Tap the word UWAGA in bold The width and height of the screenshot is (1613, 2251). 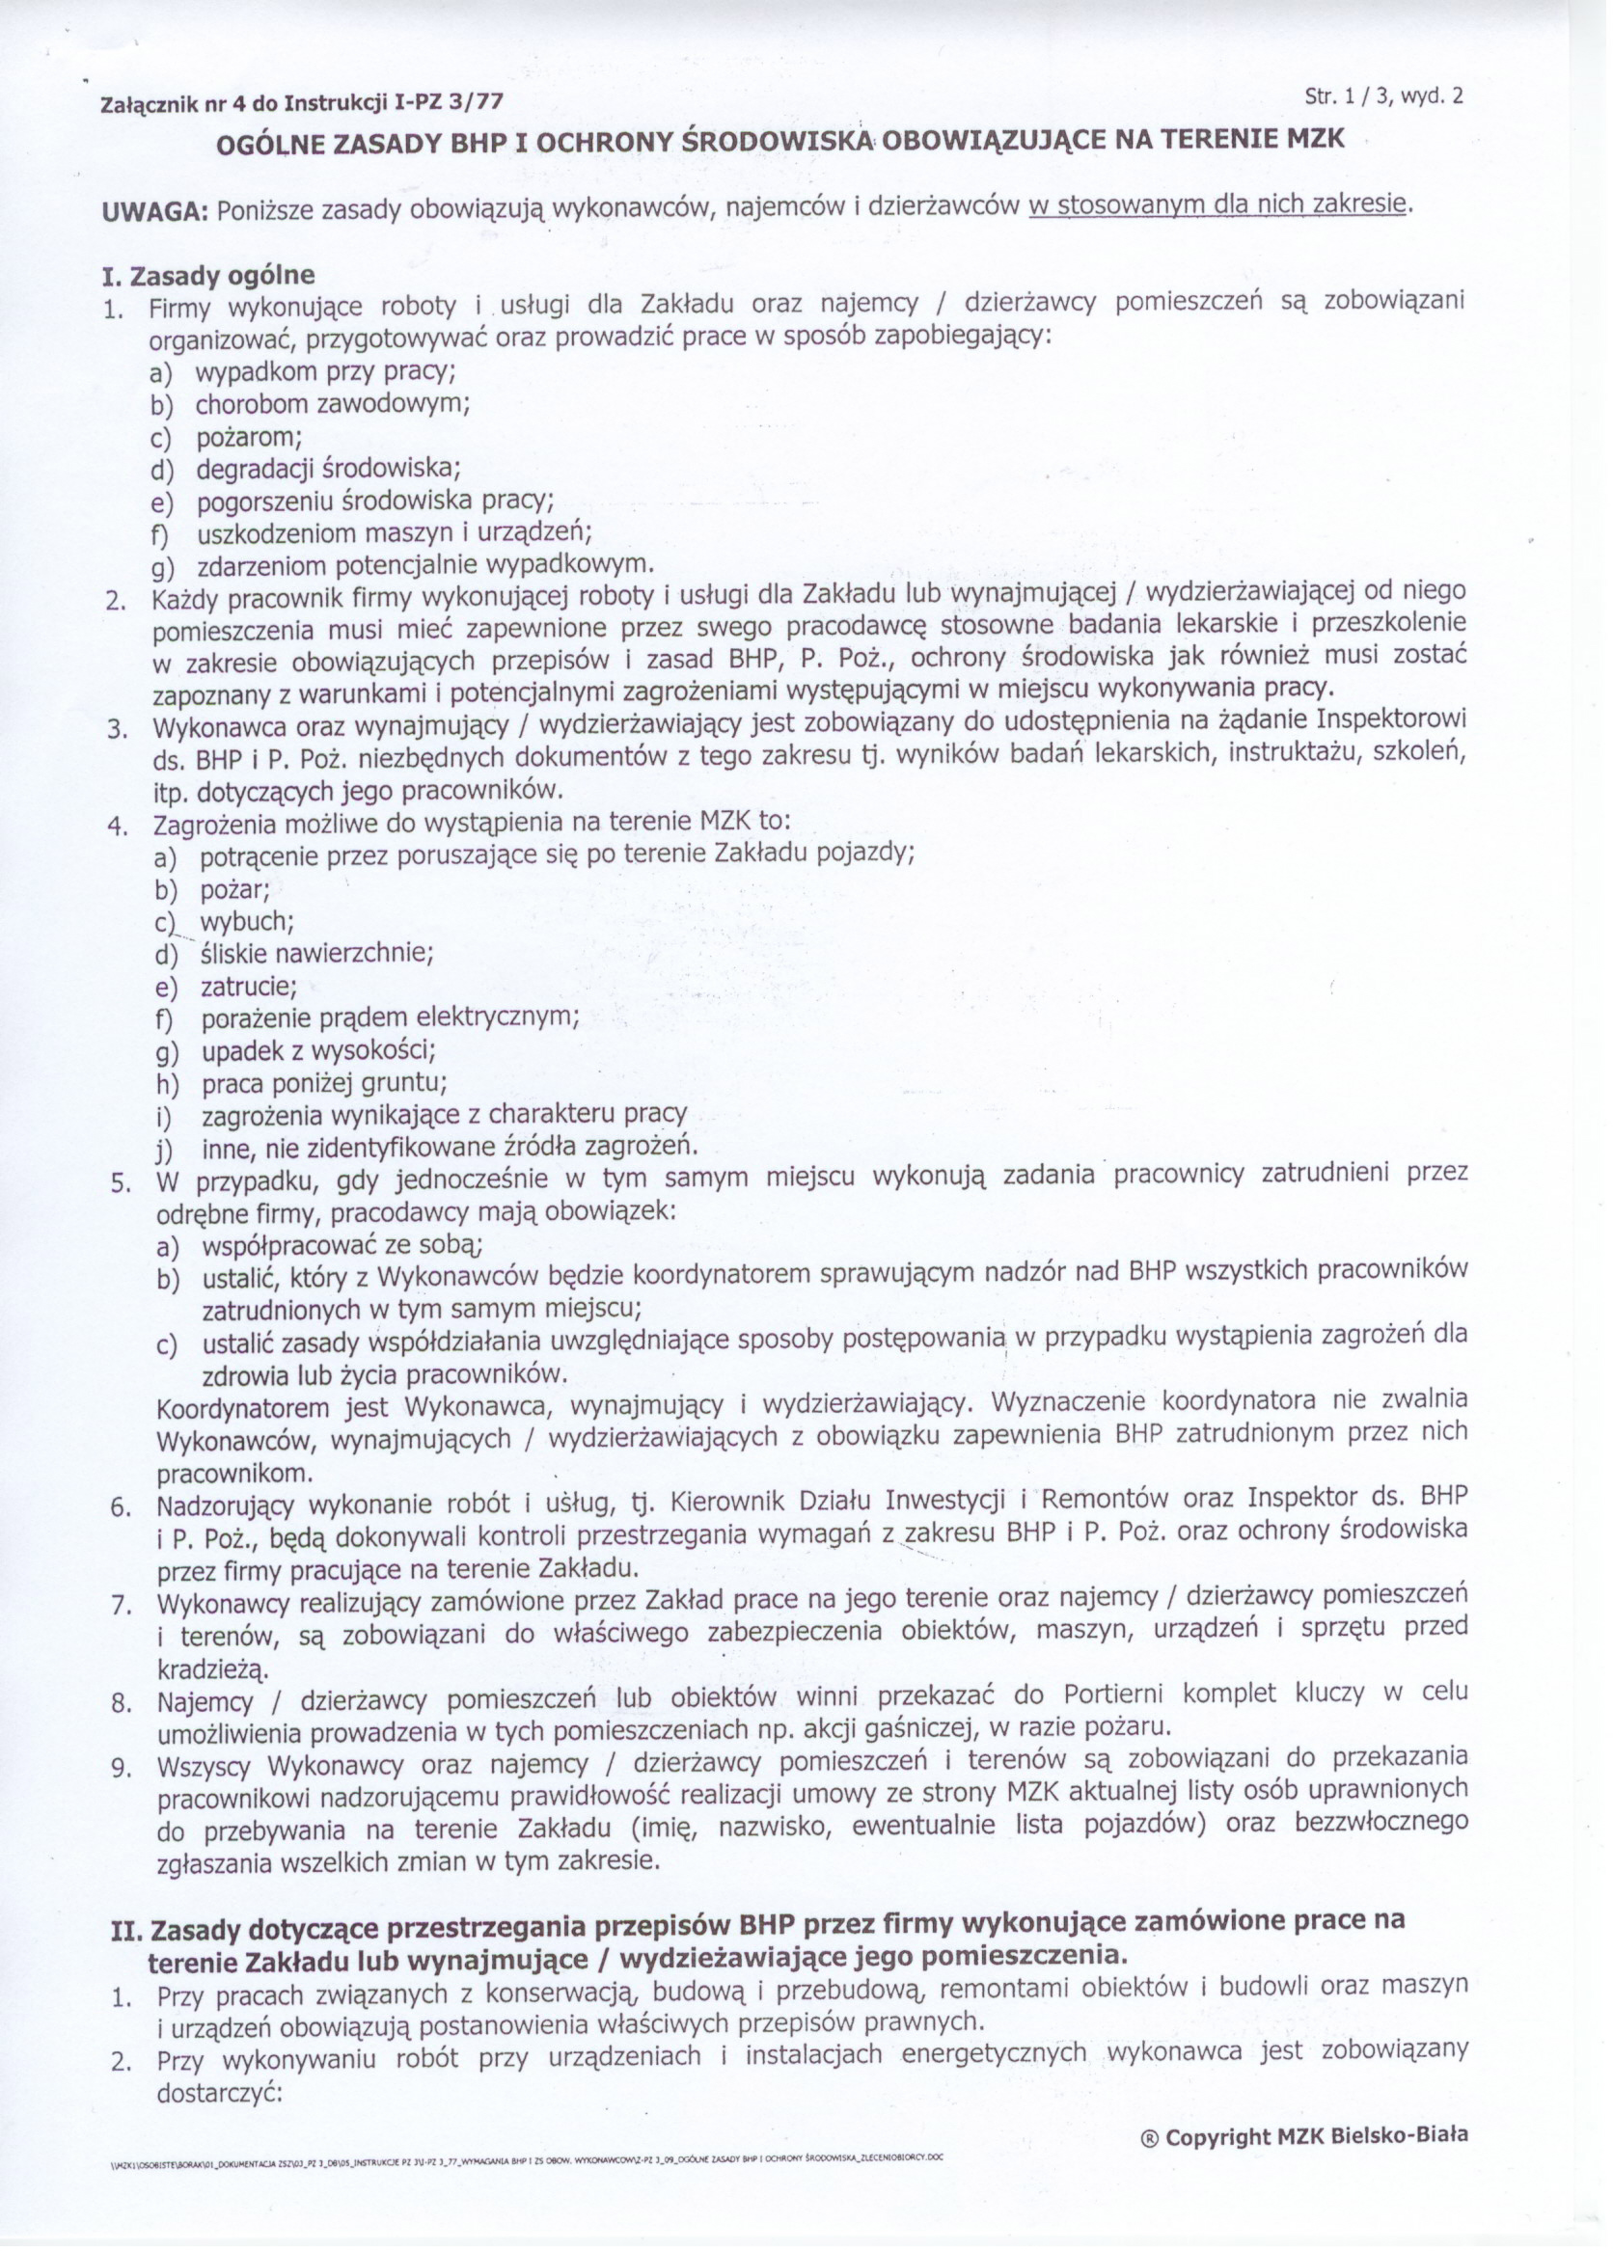[153, 211]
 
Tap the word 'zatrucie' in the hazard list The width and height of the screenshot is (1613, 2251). [249, 987]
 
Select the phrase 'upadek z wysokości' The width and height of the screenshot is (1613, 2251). [318, 1049]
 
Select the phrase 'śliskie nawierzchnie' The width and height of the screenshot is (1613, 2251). [316, 954]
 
